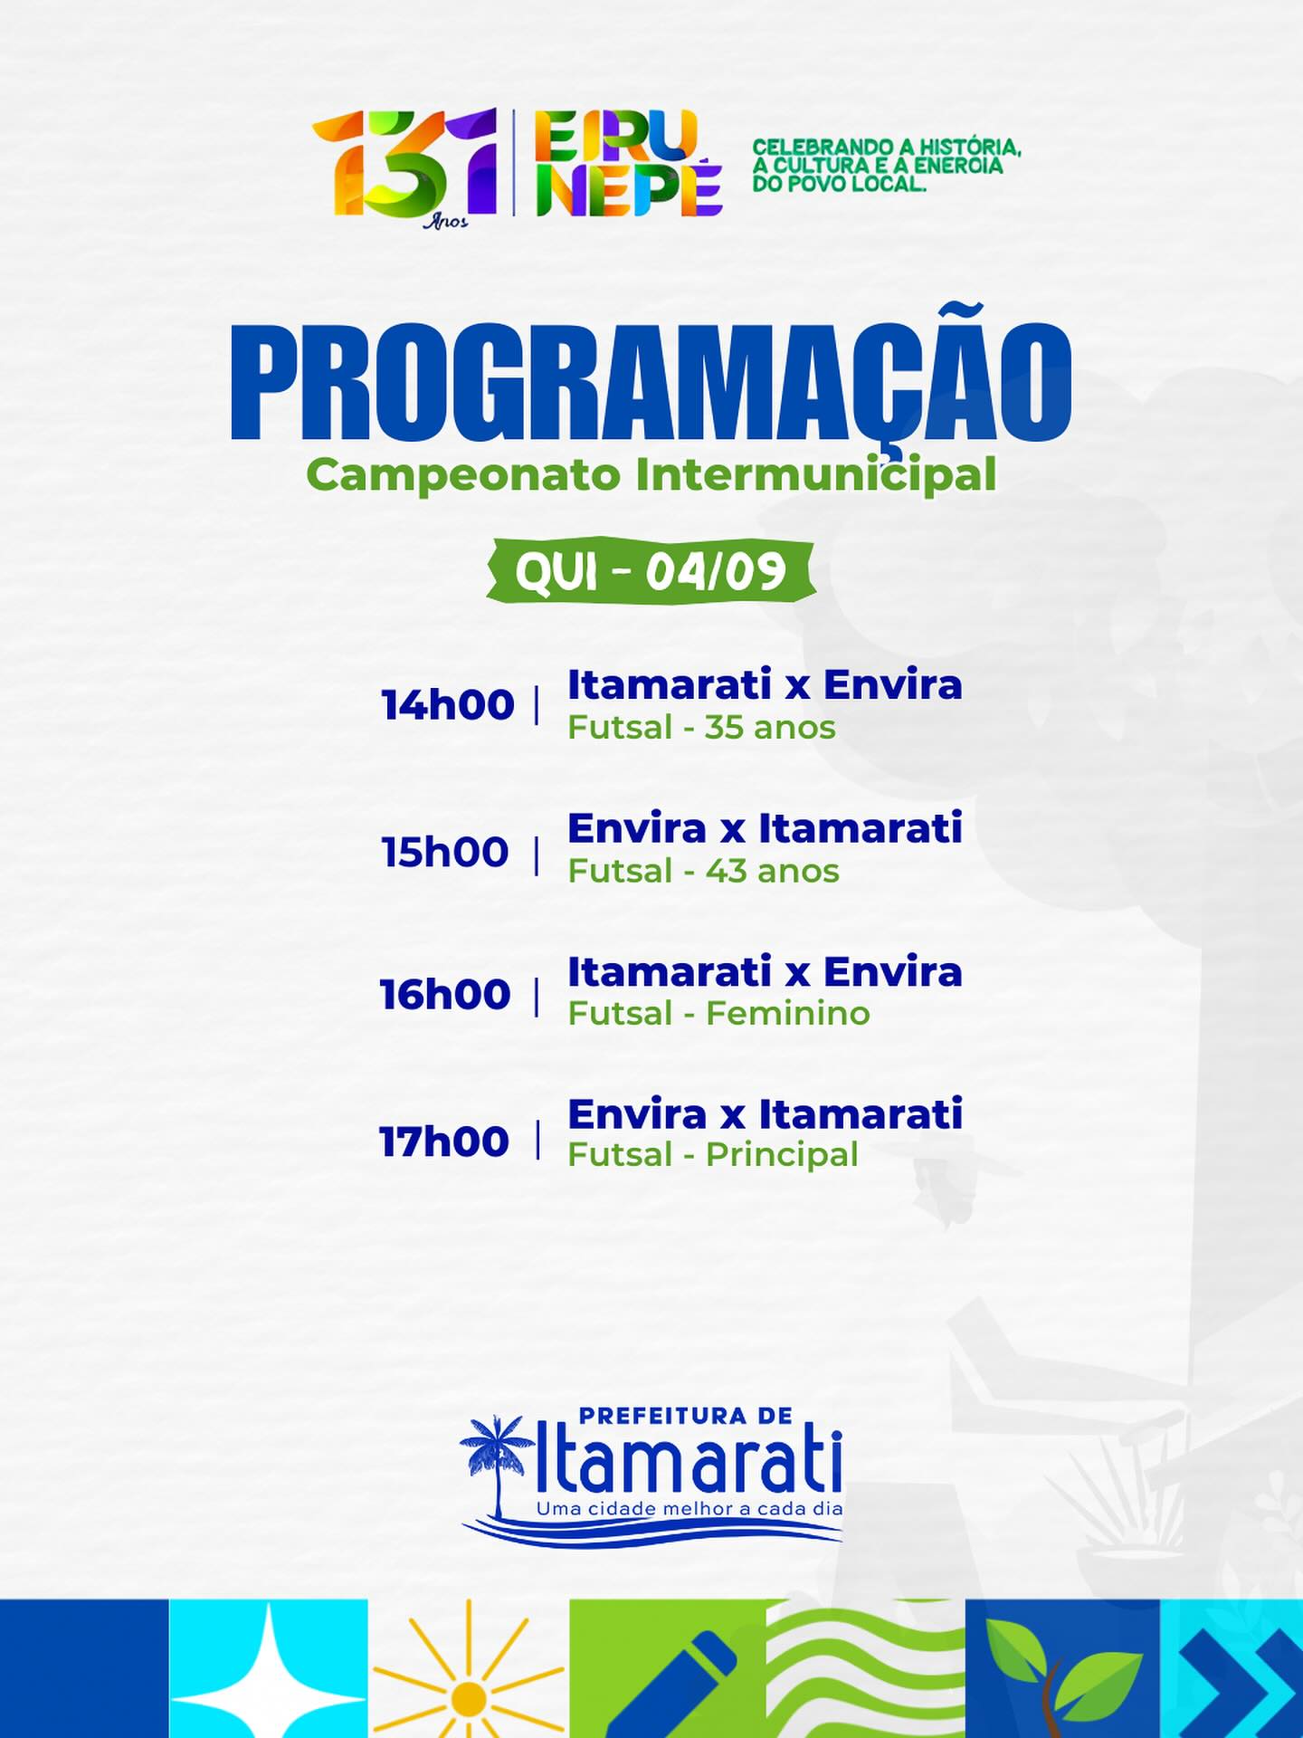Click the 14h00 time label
point(447,705)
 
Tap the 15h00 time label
point(444,853)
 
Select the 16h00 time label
point(445,995)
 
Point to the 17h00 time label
point(443,1141)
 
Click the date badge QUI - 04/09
point(651,571)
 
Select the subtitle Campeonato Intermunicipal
point(651,473)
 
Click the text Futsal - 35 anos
point(701,728)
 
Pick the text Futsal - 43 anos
point(703,871)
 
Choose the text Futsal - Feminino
point(718,1013)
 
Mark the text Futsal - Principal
point(713,1156)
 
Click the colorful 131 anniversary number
point(405,165)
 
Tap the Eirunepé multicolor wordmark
point(628,163)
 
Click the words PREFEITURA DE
point(685,1415)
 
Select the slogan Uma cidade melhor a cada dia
point(690,1509)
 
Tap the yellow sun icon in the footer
point(468,1673)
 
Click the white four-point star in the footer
point(269,1673)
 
